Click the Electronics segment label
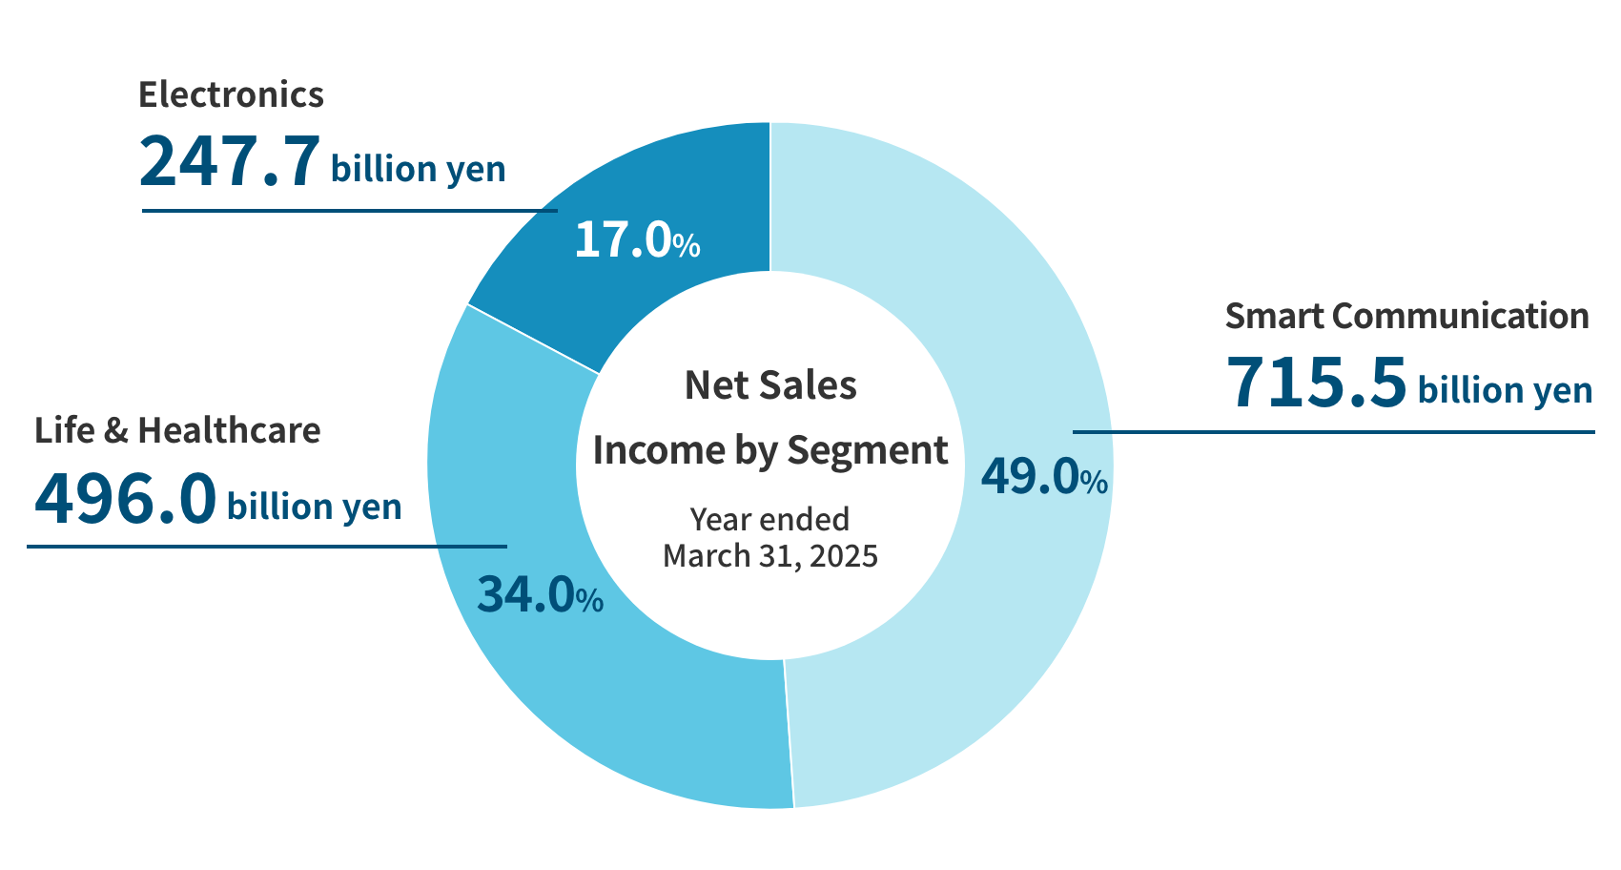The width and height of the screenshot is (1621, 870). click(x=231, y=94)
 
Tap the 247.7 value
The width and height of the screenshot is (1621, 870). click(x=228, y=160)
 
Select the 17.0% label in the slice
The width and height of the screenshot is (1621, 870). click(x=636, y=239)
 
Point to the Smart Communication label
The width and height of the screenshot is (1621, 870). click(x=1406, y=316)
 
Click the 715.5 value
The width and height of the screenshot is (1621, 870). click(x=1315, y=382)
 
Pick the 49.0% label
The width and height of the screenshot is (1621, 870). click(x=1043, y=476)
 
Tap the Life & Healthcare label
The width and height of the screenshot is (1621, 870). click(x=177, y=430)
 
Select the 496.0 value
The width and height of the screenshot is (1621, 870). click(x=125, y=499)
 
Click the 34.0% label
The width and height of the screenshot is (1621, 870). click(x=539, y=595)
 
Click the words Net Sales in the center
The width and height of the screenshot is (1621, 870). click(x=770, y=385)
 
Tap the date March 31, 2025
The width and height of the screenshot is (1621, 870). click(x=770, y=555)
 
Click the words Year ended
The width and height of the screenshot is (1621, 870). click(x=770, y=519)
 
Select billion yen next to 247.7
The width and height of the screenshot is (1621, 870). click(x=418, y=169)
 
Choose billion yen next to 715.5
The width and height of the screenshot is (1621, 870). click(x=1505, y=390)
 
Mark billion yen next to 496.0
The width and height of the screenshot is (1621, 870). click(x=314, y=507)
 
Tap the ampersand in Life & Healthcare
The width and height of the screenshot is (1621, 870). click(x=115, y=431)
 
